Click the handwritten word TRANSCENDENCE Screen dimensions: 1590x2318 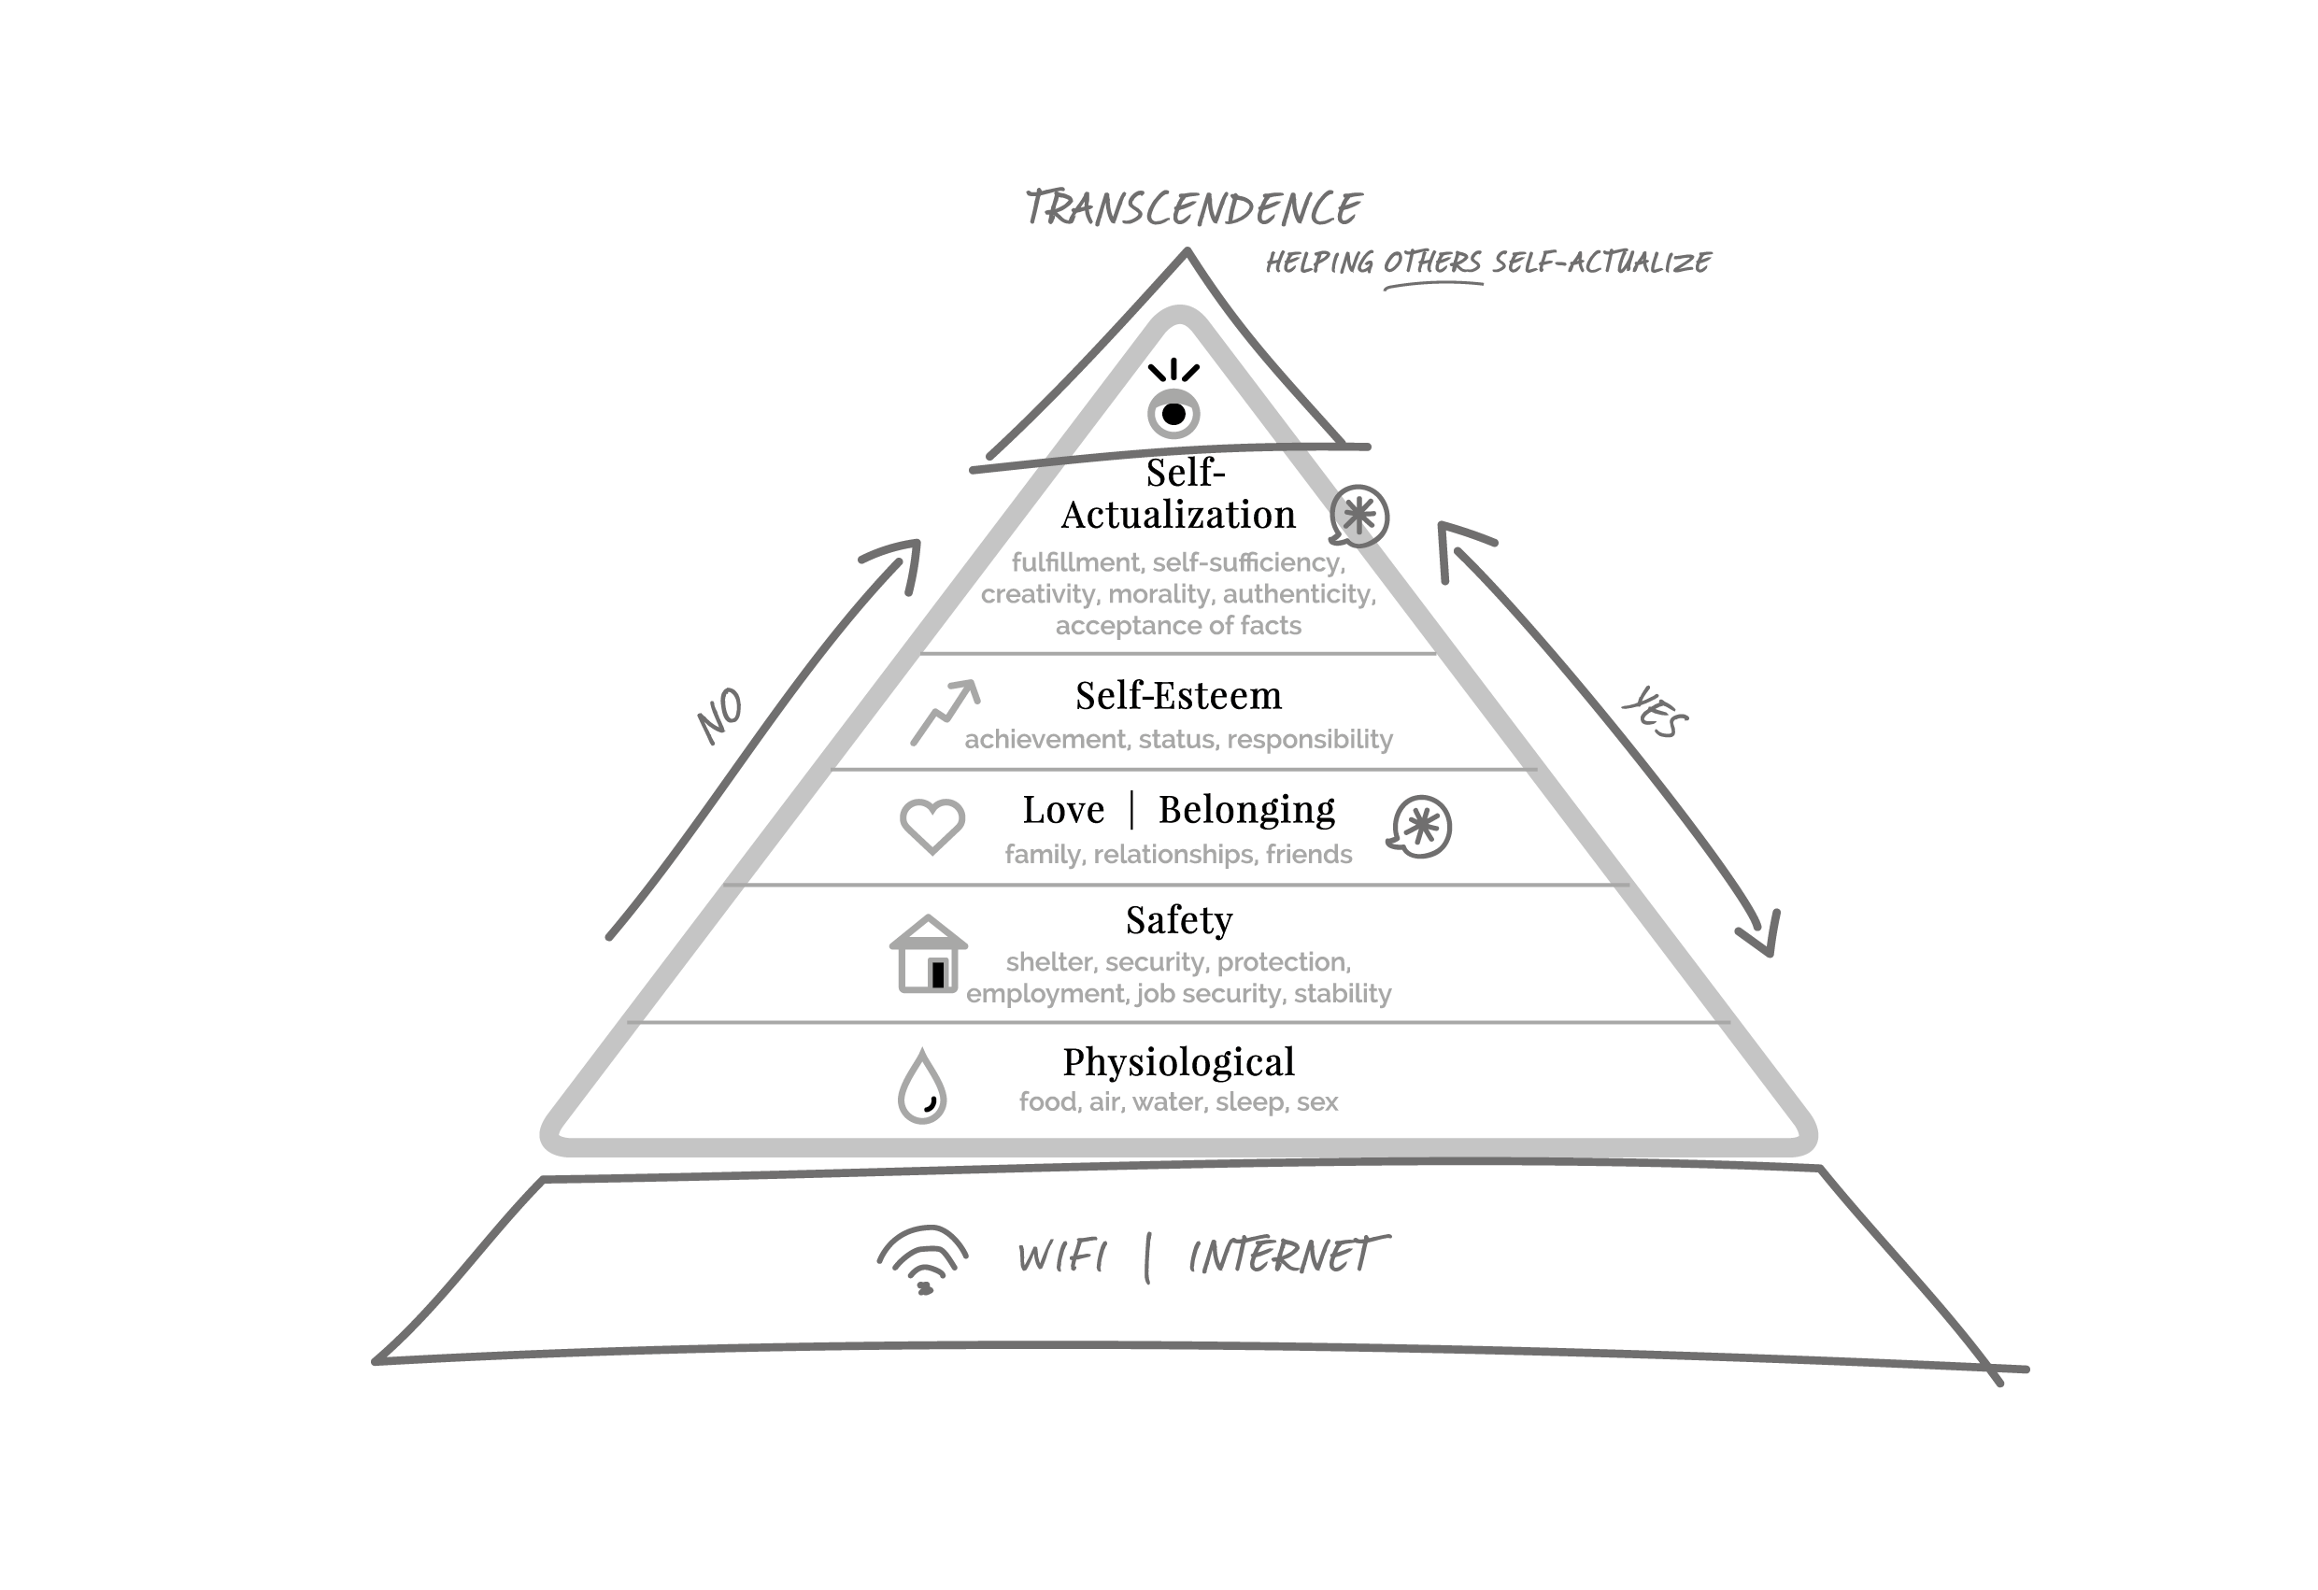pos(1193,208)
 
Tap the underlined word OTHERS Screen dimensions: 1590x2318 pos(1432,263)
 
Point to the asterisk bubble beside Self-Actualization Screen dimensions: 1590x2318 pos(1359,516)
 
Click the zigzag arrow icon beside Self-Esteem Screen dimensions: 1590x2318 pos(945,712)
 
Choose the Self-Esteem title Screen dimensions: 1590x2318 pos(1178,695)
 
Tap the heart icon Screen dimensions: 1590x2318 pos(931,826)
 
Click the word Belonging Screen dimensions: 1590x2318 pos(1245,809)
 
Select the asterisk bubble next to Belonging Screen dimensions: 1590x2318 pos(1420,826)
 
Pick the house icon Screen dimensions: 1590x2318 pos(928,955)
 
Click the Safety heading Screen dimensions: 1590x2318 pos(1179,919)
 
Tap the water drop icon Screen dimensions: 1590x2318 pos(922,1086)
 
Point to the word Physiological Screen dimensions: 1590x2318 pos(1178,1061)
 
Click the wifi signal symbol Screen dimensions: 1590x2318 pos(922,1260)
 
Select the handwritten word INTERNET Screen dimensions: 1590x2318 pos(1287,1256)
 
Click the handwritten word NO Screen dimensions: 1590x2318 pos(720,716)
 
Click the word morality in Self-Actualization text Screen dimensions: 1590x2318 pos(1161,594)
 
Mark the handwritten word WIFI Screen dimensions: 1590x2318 pos(1062,1256)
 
